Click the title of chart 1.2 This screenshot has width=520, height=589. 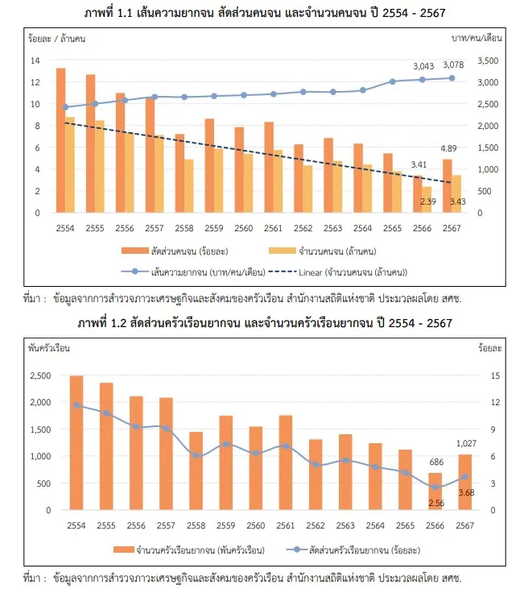coord(260,323)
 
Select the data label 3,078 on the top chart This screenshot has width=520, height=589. coord(452,64)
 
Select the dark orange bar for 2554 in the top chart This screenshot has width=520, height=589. coord(60,140)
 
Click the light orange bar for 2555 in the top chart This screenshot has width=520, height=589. coord(100,166)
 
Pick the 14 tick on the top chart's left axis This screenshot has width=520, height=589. coord(34,60)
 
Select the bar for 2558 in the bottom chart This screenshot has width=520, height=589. coord(196,471)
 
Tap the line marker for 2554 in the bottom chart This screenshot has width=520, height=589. coord(76,405)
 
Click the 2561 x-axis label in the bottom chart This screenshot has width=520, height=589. coord(286,524)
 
